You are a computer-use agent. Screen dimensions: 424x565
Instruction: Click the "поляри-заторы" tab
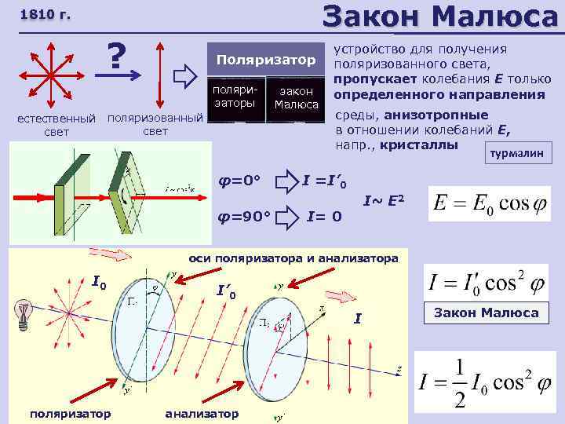[234, 97]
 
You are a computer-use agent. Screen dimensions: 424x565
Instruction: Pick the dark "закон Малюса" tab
[294, 98]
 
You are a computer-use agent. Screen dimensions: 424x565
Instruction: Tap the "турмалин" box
[516, 155]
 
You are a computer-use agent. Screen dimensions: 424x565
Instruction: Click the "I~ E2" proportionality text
[385, 201]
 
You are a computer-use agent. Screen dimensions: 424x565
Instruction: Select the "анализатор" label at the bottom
[203, 413]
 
